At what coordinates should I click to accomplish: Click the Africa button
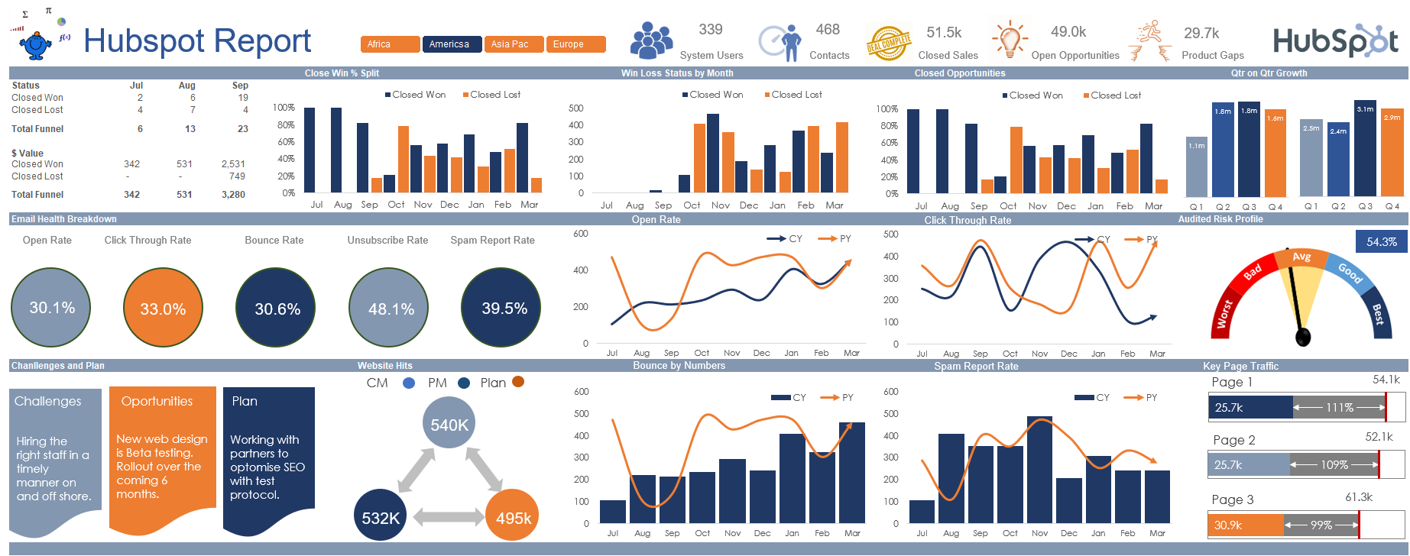[x=390, y=44]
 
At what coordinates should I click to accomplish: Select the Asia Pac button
[x=514, y=44]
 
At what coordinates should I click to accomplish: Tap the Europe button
[x=576, y=44]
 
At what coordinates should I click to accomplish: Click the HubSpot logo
[x=1336, y=41]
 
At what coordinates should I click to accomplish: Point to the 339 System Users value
[x=710, y=30]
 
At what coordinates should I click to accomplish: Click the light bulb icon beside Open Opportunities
[x=1010, y=40]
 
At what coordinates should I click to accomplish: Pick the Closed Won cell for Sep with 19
[x=242, y=98]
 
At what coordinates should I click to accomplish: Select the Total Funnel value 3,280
[x=233, y=195]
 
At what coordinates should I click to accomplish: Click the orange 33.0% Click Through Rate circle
[x=163, y=308]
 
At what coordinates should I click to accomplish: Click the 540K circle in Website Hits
[x=449, y=424]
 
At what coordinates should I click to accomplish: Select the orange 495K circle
[x=513, y=517]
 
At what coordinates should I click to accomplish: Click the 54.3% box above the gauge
[x=1381, y=242]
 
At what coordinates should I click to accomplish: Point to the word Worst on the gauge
[x=1225, y=313]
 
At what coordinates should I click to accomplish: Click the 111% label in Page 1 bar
[x=1339, y=408]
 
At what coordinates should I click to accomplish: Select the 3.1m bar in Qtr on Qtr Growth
[x=1365, y=149]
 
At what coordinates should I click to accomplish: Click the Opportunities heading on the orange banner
[x=157, y=402]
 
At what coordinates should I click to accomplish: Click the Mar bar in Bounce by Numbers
[x=851, y=473]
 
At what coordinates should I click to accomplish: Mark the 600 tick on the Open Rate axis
[x=581, y=234]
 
